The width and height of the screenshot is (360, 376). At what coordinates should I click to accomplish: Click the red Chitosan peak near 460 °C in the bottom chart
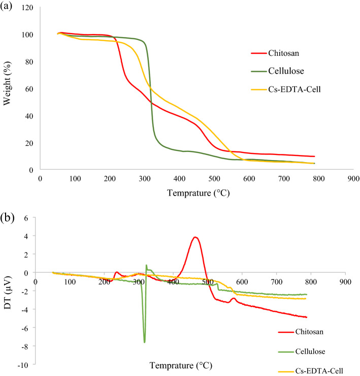pos(195,237)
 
